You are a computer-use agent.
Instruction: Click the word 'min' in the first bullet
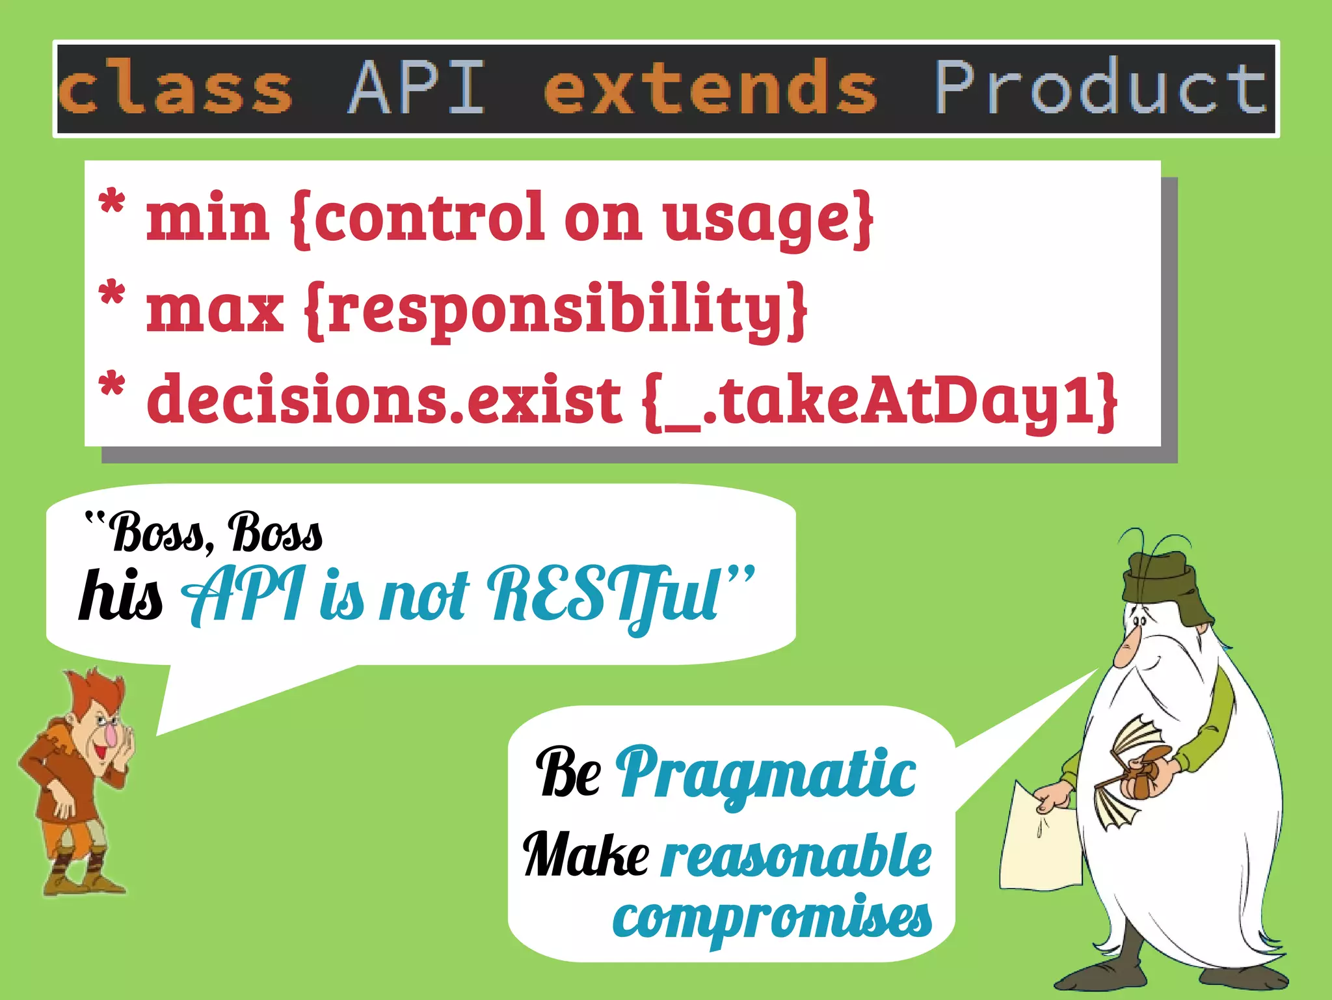[207, 218]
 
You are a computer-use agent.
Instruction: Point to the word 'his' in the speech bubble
[120, 595]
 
